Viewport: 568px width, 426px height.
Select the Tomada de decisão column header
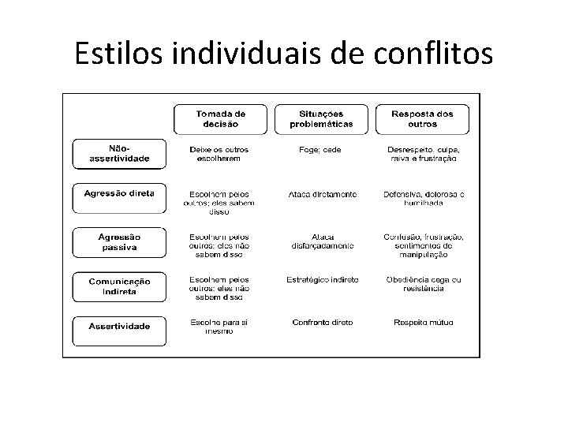coord(220,119)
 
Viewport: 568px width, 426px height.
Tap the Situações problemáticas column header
coord(321,119)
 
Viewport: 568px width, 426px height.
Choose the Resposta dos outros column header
coord(423,119)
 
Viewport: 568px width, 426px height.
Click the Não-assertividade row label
coord(119,153)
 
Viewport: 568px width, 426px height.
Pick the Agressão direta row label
coord(119,193)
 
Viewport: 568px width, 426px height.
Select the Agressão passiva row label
coord(119,241)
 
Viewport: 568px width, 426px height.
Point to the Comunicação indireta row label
coord(119,286)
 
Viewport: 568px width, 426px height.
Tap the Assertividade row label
coord(119,326)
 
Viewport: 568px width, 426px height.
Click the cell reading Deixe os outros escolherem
coord(220,154)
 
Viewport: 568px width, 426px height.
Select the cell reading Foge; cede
coord(321,150)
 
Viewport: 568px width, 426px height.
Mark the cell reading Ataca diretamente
coord(322,194)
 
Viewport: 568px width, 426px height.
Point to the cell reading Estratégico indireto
coord(322,279)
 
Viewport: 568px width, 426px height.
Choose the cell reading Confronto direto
coord(322,322)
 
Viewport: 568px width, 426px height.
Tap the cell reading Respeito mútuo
coord(423,322)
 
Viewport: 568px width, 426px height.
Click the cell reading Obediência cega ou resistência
coord(423,284)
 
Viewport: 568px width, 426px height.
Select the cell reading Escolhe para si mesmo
coord(220,326)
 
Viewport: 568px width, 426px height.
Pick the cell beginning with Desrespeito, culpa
coord(423,154)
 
